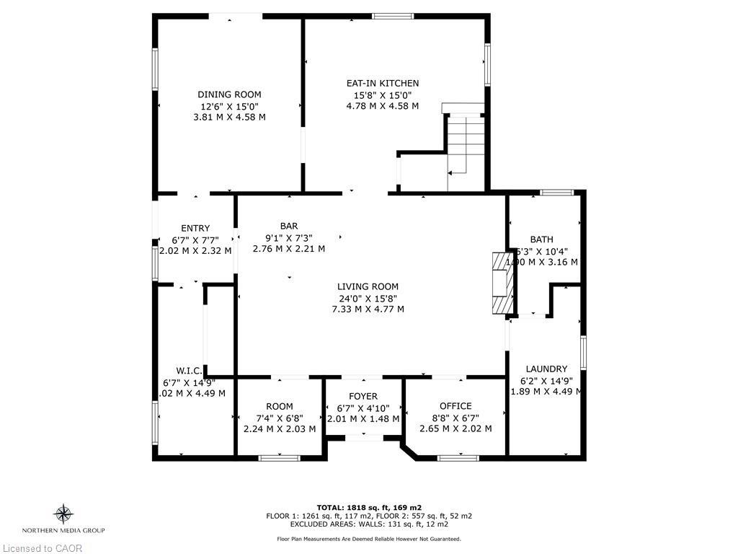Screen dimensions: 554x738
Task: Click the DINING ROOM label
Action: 229,94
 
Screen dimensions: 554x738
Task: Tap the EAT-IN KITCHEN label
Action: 382,84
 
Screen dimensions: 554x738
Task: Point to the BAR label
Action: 288,226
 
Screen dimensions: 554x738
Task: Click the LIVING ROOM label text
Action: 368,286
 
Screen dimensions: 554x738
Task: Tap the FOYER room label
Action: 363,396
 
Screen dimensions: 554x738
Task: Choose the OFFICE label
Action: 455,406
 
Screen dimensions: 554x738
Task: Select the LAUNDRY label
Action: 546,369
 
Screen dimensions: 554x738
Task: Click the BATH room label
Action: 541,239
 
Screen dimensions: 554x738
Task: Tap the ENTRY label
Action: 195,229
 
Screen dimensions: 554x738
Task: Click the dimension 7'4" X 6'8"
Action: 280,418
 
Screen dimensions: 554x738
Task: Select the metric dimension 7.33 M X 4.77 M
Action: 368,309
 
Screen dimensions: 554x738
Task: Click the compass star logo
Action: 63,514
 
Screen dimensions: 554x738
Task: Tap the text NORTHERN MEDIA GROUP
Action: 63,530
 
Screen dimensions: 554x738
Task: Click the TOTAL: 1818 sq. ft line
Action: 369,507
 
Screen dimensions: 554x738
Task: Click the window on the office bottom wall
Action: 458,457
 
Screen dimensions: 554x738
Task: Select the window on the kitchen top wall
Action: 393,15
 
